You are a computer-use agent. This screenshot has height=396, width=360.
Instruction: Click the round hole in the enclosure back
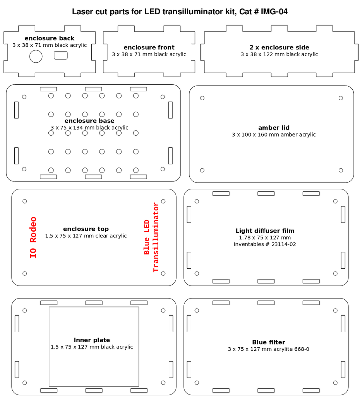click(x=36, y=56)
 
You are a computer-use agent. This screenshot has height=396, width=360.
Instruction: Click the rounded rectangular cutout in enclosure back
click(x=61, y=55)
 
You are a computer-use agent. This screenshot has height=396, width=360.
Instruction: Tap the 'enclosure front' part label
click(x=149, y=47)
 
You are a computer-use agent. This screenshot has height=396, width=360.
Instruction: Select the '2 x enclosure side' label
click(x=279, y=47)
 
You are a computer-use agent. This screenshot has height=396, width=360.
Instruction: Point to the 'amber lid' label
click(x=274, y=128)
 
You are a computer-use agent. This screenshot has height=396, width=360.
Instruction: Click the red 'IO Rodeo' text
click(x=33, y=237)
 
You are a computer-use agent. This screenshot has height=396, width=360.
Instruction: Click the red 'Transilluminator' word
click(x=156, y=237)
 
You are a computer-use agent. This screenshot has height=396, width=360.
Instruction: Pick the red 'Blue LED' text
click(x=147, y=237)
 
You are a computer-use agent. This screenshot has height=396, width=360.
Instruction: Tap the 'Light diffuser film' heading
click(x=265, y=230)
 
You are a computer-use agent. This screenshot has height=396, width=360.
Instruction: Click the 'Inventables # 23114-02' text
click(x=265, y=244)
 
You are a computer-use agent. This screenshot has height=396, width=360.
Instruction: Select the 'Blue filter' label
click(x=269, y=342)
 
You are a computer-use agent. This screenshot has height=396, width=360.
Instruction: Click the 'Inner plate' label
click(x=92, y=340)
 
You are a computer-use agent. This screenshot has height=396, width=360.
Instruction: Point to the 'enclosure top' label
click(x=86, y=229)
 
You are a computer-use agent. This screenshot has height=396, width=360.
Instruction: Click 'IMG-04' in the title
click(x=274, y=12)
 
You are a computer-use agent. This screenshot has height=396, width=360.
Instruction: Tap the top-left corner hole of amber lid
click(x=202, y=98)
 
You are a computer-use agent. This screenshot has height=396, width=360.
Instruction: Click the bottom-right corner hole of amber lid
click(x=341, y=170)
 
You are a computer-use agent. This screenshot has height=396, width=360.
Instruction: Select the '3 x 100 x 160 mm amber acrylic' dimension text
click(x=274, y=135)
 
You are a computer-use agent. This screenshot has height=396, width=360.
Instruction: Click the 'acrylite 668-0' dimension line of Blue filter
click(x=269, y=349)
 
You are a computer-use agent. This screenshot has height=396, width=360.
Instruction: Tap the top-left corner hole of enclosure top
click(x=24, y=201)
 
